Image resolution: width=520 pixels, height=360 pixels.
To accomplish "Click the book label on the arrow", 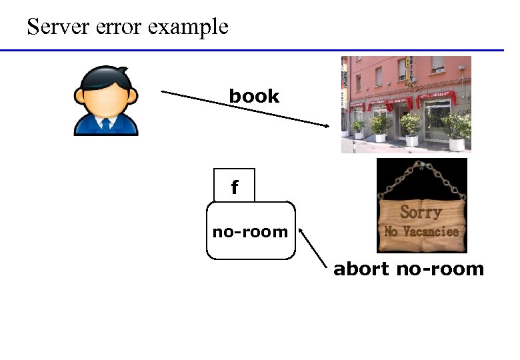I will [x=254, y=96].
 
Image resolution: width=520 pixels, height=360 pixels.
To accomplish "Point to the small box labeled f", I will [x=234, y=185].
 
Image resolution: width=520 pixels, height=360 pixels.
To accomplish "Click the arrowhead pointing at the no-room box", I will [x=302, y=231].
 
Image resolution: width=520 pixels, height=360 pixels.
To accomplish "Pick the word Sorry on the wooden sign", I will [x=421, y=213].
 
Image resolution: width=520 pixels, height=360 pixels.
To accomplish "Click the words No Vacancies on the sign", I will [x=421, y=232].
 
